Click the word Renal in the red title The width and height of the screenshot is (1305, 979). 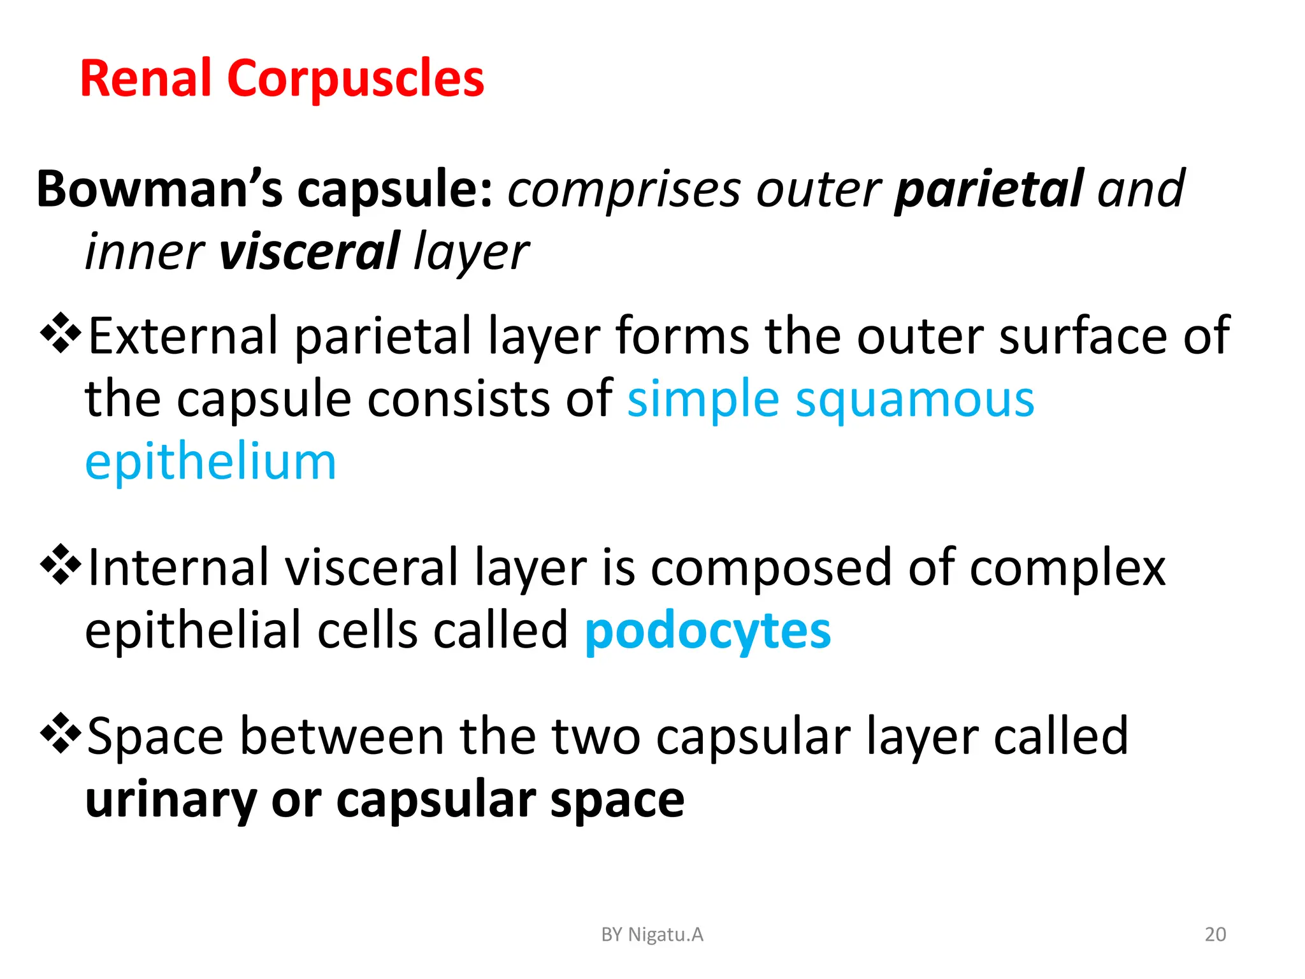click(x=145, y=78)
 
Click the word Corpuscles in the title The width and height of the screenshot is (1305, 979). click(x=356, y=78)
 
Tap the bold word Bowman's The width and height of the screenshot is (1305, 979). click(x=159, y=189)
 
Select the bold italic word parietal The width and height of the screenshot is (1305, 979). click(x=988, y=189)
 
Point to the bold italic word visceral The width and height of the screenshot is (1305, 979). click(x=309, y=252)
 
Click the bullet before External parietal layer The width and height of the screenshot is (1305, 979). click(x=61, y=333)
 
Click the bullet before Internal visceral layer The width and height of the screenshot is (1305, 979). click(x=61, y=564)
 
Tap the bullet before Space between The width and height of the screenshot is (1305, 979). click(x=61, y=733)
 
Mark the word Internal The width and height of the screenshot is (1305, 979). click(x=177, y=567)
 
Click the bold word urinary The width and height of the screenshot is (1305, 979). click(x=170, y=801)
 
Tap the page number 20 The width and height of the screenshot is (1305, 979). click(x=1215, y=934)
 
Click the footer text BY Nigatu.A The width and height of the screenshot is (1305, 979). click(x=652, y=934)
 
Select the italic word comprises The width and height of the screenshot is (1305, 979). click(x=623, y=191)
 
